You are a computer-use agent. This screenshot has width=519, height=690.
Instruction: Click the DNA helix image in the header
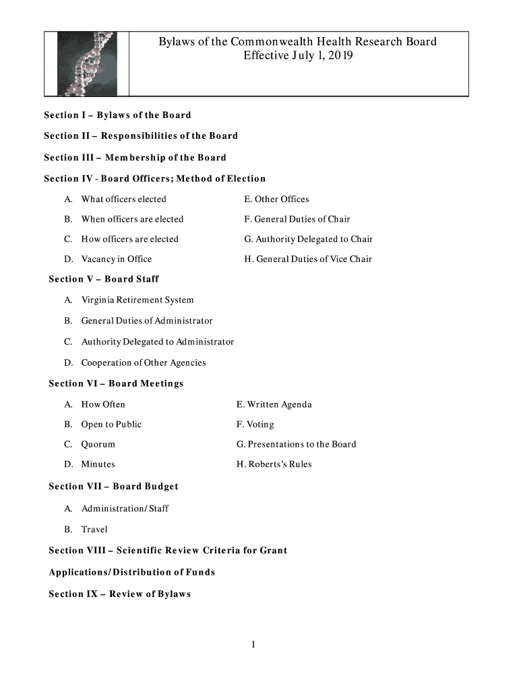click(x=86, y=63)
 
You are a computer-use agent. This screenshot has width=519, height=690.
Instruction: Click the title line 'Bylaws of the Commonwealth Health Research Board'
click(x=297, y=42)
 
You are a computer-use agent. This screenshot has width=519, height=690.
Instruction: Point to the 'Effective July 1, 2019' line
click(x=297, y=56)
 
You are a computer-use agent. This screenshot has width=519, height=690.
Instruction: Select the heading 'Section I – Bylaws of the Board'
click(x=117, y=115)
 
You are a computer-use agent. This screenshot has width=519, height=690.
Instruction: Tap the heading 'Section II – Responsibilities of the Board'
click(x=141, y=136)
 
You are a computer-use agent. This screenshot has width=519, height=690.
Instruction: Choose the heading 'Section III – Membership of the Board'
click(x=135, y=158)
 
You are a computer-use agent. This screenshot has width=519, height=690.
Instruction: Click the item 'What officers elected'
click(x=123, y=199)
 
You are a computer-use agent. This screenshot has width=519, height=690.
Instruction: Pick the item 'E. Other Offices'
click(x=276, y=199)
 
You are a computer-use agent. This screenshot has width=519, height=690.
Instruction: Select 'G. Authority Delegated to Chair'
click(x=308, y=239)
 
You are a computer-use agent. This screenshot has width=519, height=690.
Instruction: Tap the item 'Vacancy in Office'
click(x=117, y=259)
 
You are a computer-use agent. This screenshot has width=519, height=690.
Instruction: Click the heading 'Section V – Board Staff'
click(x=104, y=279)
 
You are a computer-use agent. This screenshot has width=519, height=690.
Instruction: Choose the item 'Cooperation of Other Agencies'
click(x=144, y=363)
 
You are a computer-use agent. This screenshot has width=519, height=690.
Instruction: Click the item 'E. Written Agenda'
click(x=274, y=405)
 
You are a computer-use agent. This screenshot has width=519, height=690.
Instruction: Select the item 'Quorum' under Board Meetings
click(x=98, y=445)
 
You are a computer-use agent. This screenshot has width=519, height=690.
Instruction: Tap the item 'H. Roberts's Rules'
click(x=274, y=464)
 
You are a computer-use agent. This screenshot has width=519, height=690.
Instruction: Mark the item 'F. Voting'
click(x=255, y=425)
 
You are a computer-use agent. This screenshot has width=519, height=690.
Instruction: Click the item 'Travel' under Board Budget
click(x=94, y=530)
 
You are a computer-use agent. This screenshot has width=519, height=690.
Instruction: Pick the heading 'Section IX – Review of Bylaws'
click(x=120, y=594)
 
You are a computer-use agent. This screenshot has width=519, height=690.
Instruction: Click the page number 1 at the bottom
click(x=253, y=645)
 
